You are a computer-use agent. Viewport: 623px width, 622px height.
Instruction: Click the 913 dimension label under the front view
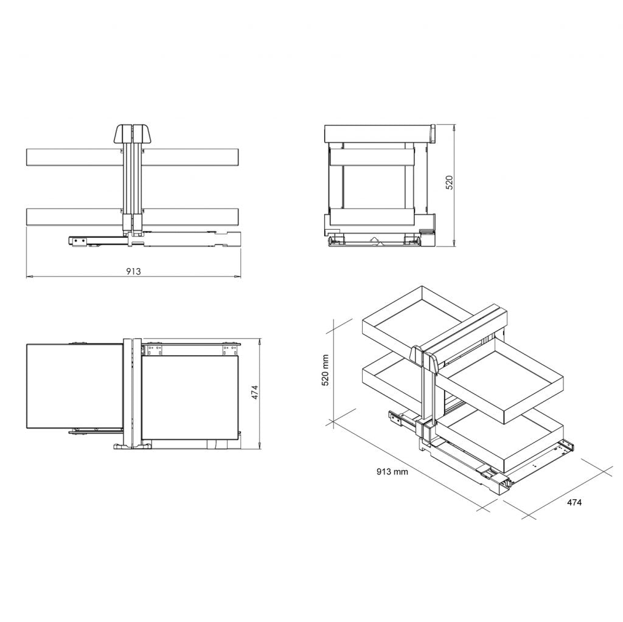pos(133,271)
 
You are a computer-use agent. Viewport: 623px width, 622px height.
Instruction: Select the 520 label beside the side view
pos(450,183)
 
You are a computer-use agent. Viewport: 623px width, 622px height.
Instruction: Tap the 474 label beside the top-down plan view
pos(256,392)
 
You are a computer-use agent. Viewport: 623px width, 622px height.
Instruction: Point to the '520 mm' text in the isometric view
pos(325,370)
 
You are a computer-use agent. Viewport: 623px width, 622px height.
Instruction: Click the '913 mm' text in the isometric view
pos(392,471)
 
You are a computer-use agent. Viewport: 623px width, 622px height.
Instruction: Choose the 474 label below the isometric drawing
pos(574,503)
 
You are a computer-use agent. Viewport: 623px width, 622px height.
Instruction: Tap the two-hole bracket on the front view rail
pos(77,241)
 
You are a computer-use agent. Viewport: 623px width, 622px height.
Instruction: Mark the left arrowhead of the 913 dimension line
pos(29,277)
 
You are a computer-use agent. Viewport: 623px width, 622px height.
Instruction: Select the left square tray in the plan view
pos(74,385)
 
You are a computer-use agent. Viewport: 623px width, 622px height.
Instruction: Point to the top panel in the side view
pos(377,133)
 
